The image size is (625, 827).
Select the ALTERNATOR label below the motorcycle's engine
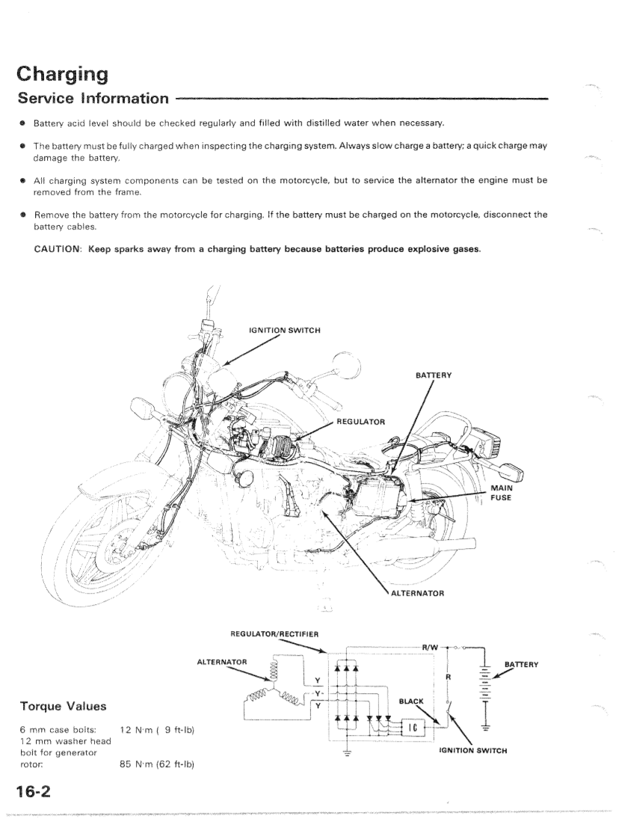417,593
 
